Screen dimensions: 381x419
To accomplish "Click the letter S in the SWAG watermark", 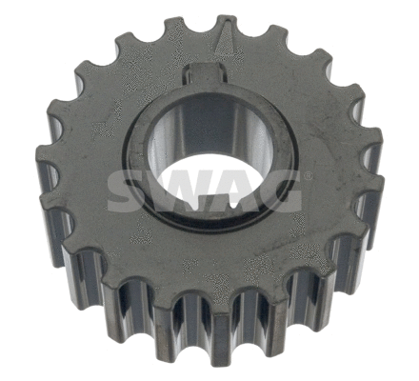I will point(126,193).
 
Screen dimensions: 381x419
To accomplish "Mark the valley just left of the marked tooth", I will point(199,40).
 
